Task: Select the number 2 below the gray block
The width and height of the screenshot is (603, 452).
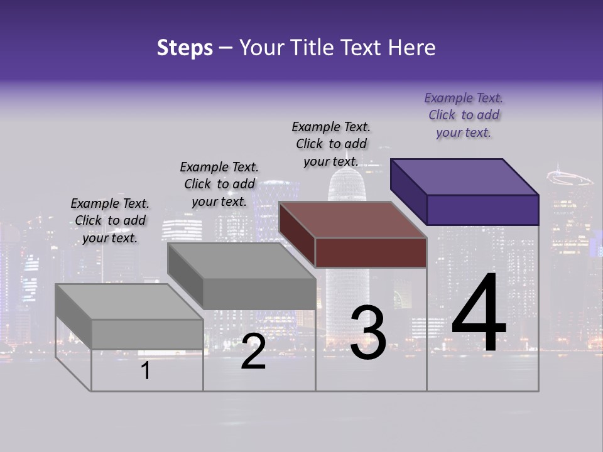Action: [x=253, y=352]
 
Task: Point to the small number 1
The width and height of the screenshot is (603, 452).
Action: [x=145, y=371]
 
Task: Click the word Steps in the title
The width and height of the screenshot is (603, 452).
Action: [x=185, y=48]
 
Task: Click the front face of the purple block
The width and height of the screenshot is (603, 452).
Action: [x=482, y=210]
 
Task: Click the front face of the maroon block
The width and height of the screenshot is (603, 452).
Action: [x=371, y=253]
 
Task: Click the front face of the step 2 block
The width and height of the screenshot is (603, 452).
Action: [x=259, y=294]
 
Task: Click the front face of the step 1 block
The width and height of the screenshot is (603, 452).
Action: [x=147, y=335]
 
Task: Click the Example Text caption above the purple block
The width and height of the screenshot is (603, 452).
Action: [x=464, y=115]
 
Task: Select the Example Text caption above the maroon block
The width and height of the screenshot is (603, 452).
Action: [x=331, y=144]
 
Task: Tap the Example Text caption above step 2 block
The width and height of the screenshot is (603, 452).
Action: [x=219, y=184]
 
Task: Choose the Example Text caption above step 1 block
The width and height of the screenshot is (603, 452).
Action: [x=110, y=220]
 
